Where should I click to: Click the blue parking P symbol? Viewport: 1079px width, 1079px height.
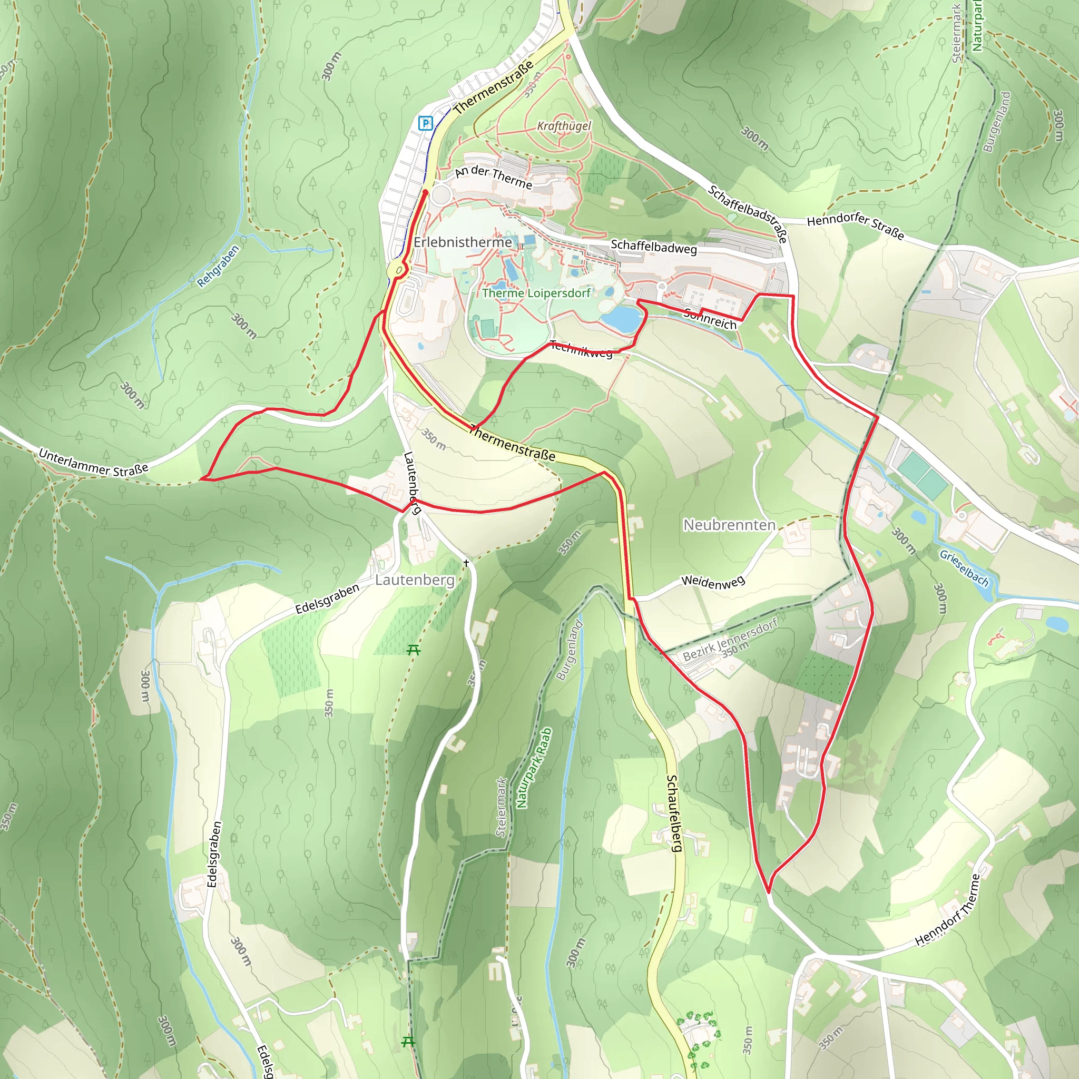(x=426, y=123)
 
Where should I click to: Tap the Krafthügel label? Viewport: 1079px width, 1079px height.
(x=564, y=126)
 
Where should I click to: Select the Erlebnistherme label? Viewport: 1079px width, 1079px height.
(x=463, y=242)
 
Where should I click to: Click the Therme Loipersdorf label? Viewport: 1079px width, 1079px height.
(x=536, y=292)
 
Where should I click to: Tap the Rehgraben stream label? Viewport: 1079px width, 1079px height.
(x=218, y=266)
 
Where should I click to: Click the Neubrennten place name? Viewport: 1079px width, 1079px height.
(x=729, y=525)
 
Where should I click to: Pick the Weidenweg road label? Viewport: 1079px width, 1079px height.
(x=713, y=582)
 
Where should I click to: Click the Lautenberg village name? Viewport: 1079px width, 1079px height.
(x=415, y=580)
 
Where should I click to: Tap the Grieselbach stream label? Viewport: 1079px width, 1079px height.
(x=964, y=568)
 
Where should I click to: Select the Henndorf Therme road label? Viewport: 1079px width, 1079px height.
(x=947, y=910)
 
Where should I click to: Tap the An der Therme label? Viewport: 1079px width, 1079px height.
(x=493, y=177)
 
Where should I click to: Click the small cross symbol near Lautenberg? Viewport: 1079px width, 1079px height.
(x=466, y=564)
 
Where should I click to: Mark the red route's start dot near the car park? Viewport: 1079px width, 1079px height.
(x=426, y=192)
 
